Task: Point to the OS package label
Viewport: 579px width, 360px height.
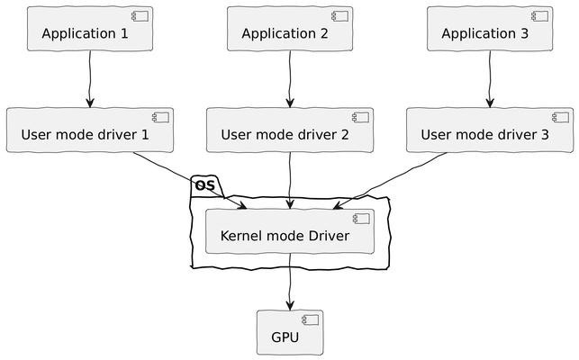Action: [x=204, y=186]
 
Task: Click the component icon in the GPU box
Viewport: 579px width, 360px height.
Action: [x=312, y=319]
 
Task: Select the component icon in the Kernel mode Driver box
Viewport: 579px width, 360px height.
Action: [x=363, y=219]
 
